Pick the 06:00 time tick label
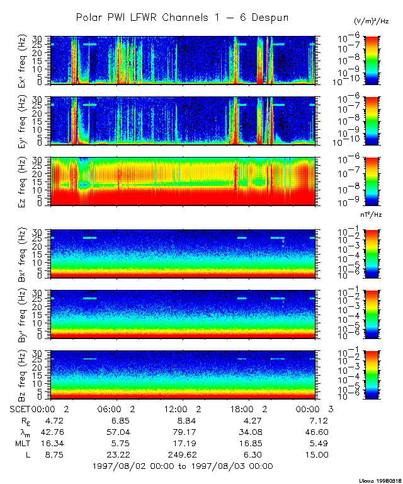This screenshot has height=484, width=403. (x=111, y=409)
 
